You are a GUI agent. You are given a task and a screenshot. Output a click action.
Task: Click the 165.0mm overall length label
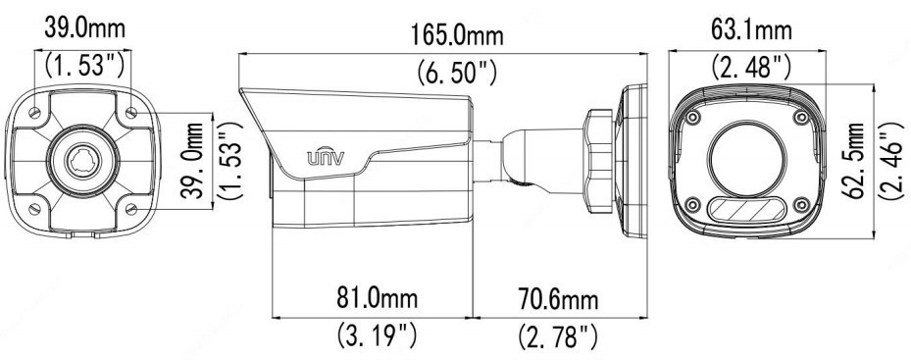[457, 36]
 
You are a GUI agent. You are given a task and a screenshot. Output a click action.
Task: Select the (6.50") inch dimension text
[457, 73]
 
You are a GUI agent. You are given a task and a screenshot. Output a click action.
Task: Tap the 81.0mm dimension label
[378, 298]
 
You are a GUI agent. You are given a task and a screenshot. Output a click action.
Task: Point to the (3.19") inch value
[378, 334]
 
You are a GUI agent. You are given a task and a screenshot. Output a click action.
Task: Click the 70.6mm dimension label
[558, 300]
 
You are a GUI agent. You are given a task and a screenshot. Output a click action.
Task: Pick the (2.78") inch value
[558, 336]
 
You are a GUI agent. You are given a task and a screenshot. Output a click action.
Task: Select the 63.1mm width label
[751, 29]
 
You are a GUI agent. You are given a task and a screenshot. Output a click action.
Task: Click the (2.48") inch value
[751, 66]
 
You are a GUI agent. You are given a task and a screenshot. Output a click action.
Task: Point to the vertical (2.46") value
[891, 161]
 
